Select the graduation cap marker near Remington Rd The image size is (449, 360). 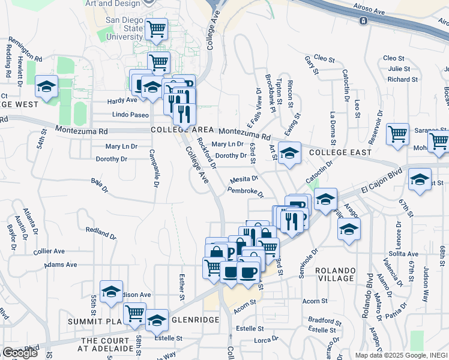[46, 86]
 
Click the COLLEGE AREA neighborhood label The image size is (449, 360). [182, 130]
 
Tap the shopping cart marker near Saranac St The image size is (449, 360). [398, 135]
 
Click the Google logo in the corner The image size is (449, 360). [19, 353]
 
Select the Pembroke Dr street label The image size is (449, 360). [246, 192]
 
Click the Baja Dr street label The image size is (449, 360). [99, 185]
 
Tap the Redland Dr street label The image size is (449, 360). [100, 232]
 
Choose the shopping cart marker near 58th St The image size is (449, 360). [134, 313]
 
